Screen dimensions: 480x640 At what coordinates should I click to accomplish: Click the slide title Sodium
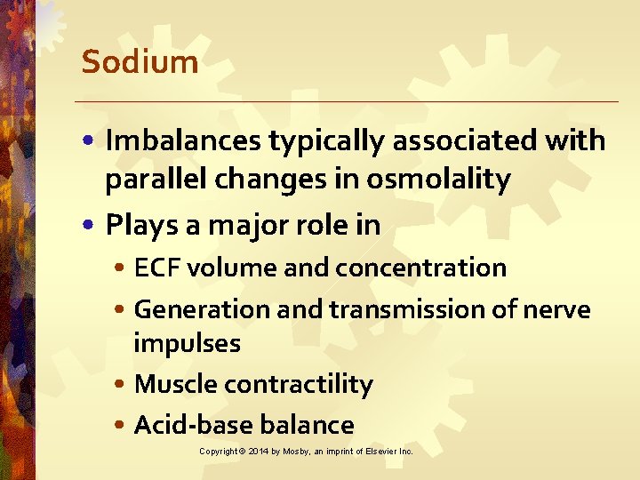(x=140, y=62)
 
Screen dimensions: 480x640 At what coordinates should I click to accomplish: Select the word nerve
(x=557, y=309)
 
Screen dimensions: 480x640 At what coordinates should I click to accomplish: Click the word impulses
(x=187, y=343)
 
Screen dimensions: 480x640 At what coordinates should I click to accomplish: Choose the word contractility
(x=299, y=384)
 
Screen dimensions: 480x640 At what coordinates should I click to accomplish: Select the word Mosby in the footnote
(x=297, y=452)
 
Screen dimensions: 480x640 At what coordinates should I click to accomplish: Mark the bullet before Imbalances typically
(x=92, y=141)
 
